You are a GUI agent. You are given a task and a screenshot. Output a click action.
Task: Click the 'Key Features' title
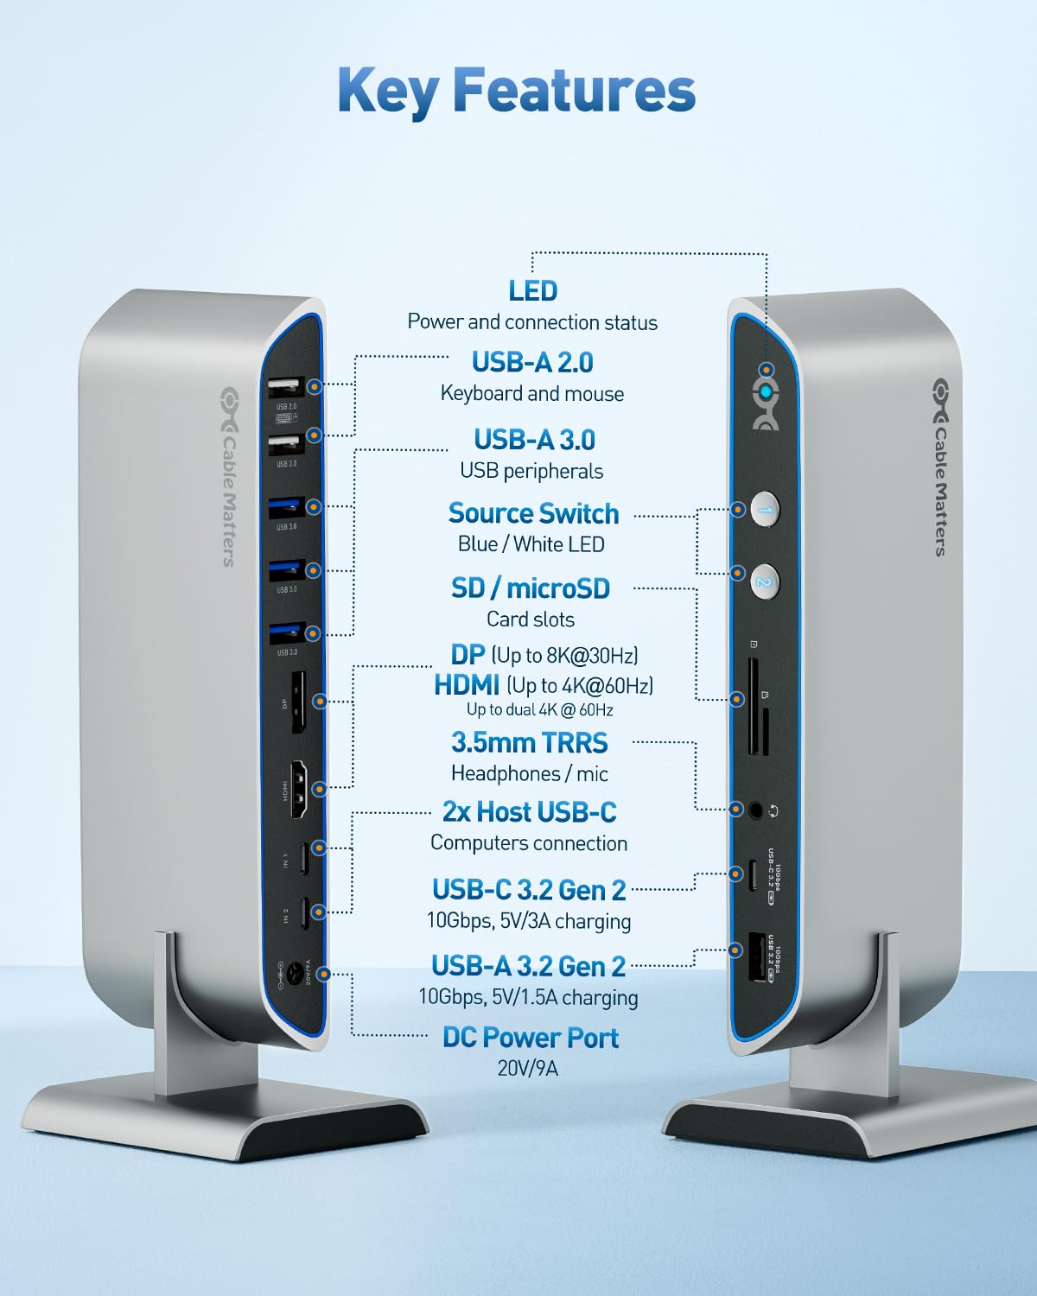click(517, 90)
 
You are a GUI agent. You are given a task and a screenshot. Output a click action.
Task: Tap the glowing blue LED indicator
click(766, 394)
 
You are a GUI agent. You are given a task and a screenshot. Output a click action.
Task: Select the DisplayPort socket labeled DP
click(297, 702)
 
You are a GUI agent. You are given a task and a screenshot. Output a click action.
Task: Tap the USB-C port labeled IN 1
click(302, 858)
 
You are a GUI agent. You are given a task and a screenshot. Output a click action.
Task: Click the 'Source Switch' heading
click(533, 513)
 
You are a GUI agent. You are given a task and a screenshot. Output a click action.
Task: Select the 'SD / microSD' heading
click(531, 588)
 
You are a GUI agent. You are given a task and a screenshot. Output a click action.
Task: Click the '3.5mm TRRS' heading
click(530, 742)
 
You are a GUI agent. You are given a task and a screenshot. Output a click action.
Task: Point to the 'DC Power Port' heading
click(531, 1037)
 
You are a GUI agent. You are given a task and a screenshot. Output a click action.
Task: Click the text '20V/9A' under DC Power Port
click(527, 1069)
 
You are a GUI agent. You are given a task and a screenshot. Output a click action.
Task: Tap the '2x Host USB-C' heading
click(529, 812)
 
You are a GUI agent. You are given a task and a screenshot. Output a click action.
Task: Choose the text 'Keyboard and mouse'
click(531, 394)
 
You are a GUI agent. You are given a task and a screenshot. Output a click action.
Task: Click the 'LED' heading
click(533, 291)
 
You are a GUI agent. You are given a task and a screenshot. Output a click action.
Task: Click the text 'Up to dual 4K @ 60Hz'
click(539, 710)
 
